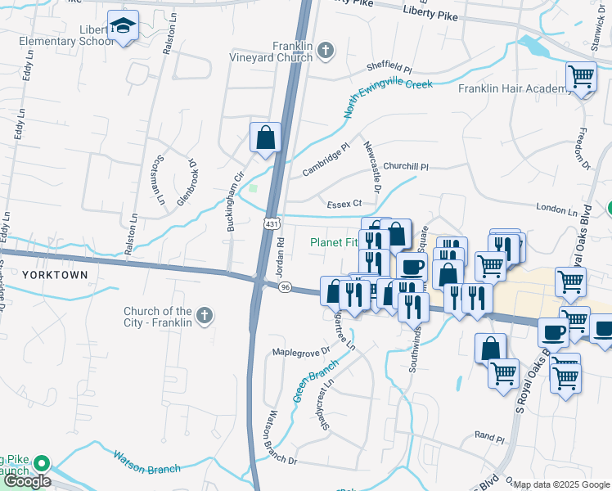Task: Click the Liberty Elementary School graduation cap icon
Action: click(x=123, y=27)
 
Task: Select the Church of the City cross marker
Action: click(x=204, y=314)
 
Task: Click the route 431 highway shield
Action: click(x=272, y=223)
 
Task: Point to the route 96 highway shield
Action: click(x=285, y=287)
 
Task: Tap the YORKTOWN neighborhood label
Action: click(x=54, y=275)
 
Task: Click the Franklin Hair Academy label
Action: click(x=511, y=88)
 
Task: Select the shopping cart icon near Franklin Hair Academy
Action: click(x=581, y=78)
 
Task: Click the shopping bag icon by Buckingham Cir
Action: click(x=266, y=137)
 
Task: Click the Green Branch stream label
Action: click(x=315, y=382)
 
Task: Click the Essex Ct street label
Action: click(x=344, y=204)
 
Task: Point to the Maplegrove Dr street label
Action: click(x=300, y=351)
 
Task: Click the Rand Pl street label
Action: click(x=489, y=439)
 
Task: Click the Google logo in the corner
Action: click(x=26, y=480)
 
